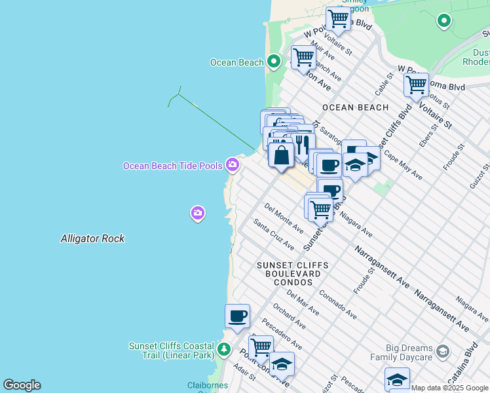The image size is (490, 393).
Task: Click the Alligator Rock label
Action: point(92,239)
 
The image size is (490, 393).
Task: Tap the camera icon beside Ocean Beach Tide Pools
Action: point(232,165)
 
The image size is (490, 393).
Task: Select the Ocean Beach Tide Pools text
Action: point(173,166)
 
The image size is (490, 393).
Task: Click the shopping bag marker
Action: point(281,156)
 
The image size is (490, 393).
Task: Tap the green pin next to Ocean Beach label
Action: point(274,62)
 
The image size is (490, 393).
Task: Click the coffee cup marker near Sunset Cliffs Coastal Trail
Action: point(237,316)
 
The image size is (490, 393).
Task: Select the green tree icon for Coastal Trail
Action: point(224,348)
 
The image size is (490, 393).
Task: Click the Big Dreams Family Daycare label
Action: point(402,352)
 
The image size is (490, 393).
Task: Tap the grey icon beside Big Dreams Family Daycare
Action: point(443,352)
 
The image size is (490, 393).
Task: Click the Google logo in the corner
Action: point(22,385)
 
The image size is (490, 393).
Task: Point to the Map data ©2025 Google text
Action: point(449,388)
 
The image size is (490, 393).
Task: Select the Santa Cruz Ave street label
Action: point(274,234)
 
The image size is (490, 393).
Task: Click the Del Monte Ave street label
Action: point(284,218)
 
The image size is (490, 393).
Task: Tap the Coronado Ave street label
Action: point(337,304)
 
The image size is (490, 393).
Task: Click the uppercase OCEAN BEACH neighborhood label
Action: point(356,107)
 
